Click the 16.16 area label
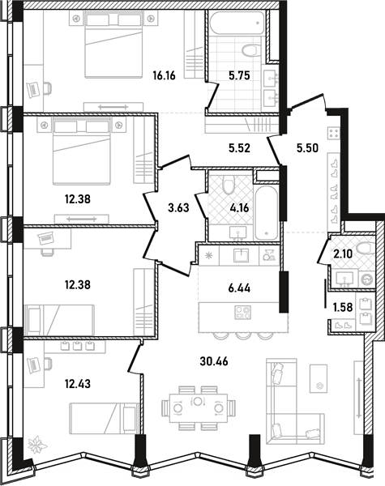pos(164,75)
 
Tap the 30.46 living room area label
pos(214,361)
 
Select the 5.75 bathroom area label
pos(239,75)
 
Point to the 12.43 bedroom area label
pos(78,384)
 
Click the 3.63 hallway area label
pos(178,207)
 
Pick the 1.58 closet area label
pos(343,307)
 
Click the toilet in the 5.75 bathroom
pos(250,50)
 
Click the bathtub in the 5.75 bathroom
pos(237,23)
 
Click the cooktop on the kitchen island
pos(243,312)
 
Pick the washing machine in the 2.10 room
pos(368,279)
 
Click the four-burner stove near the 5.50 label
pos(334,134)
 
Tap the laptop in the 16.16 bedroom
pos(33,90)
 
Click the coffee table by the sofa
pos(319,380)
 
